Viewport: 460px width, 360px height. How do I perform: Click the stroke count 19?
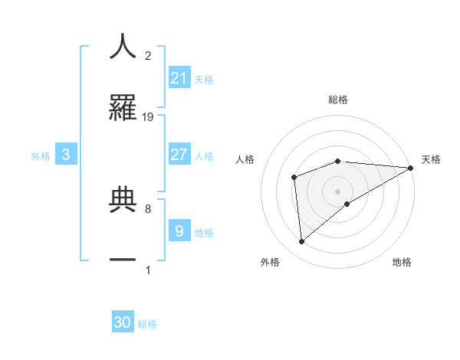tap(148, 117)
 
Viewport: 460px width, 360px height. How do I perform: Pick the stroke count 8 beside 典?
tap(147, 208)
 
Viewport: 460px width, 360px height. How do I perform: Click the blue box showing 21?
tap(179, 77)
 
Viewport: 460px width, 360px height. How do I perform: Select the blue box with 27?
tap(179, 154)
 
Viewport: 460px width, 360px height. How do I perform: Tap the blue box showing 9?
tap(179, 230)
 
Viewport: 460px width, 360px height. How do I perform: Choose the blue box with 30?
tap(123, 322)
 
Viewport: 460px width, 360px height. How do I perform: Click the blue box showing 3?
tap(66, 155)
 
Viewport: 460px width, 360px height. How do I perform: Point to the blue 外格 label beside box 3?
tap(41, 155)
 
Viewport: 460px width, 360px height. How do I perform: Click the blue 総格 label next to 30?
tap(147, 324)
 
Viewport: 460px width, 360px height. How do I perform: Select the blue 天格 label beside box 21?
tap(204, 79)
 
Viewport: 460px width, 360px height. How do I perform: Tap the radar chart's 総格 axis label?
tap(338, 100)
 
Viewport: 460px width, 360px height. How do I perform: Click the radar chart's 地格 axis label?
tap(402, 263)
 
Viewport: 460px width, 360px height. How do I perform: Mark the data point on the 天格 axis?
tap(412, 168)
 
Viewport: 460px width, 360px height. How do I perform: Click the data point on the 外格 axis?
tap(302, 242)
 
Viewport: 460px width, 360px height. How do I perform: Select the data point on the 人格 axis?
tap(294, 177)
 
